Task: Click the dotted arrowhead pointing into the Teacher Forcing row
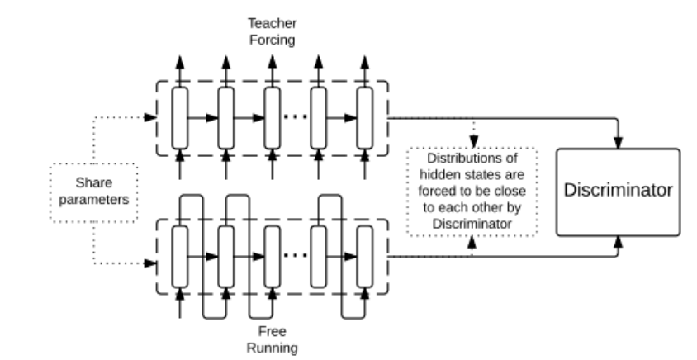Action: point(149,117)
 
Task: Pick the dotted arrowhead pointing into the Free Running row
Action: point(149,264)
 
